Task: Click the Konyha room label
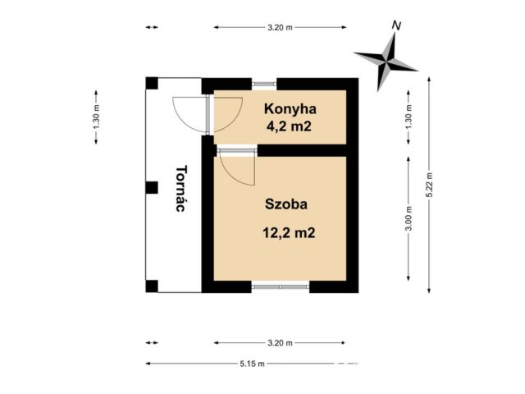(290, 109)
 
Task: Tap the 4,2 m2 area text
(289, 126)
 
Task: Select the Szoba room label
(286, 204)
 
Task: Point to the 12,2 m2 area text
(289, 232)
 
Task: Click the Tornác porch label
(181, 188)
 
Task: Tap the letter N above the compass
(397, 25)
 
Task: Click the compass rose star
(386, 62)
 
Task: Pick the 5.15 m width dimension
(252, 364)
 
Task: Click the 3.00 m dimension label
(409, 218)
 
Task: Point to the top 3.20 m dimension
(280, 27)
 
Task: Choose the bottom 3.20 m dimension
(280, 343)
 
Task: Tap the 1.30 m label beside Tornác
(97, 117)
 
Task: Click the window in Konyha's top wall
(264, 84)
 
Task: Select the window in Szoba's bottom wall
(281, 286)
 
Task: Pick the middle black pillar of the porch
(152, 188)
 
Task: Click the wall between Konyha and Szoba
(302, 150)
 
